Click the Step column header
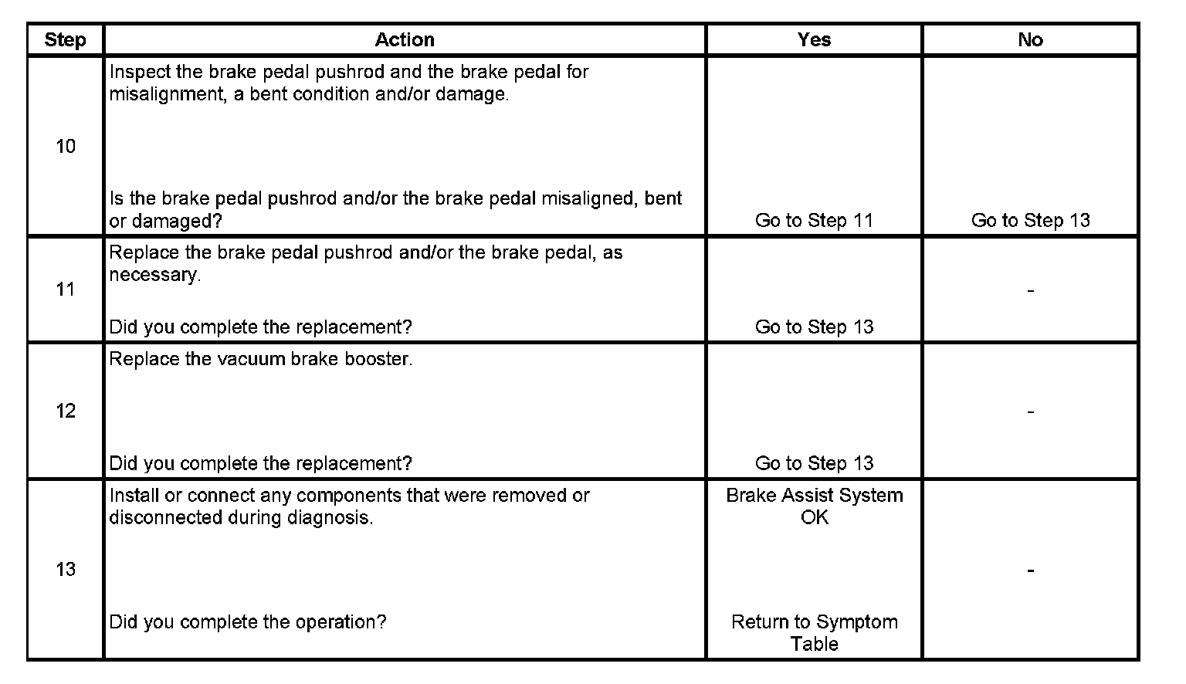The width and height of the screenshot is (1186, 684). tap(65, 40)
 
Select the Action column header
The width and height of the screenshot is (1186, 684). tap(405, 40)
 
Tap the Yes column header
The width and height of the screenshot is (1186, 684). tap(814, 40)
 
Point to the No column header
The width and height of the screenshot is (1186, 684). tap(1030, 40)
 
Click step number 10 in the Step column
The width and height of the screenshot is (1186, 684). tap(66, 146)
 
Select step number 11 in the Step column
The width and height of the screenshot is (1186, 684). tap(66, 290)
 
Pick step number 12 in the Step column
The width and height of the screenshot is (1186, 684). tap(66, 411)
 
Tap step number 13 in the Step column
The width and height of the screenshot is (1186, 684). tap(66, 570)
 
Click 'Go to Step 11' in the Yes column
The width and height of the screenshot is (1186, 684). tap(814, 221)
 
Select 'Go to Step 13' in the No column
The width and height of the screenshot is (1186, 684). tap(1030, 221)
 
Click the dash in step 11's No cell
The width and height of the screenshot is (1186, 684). tap(1030, 291)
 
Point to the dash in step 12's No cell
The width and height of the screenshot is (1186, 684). tap(1030, 412)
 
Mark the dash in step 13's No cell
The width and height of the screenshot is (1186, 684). tap(1030, 571)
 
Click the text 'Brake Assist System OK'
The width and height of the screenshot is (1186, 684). tap(814, 506)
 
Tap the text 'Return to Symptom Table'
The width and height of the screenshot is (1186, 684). tap(814, 633)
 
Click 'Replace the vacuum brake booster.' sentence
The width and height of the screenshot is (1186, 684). tap(260, 360)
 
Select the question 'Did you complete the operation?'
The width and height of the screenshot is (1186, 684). tap(247, 622)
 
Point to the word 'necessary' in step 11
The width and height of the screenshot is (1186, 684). tap(153, 276)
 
